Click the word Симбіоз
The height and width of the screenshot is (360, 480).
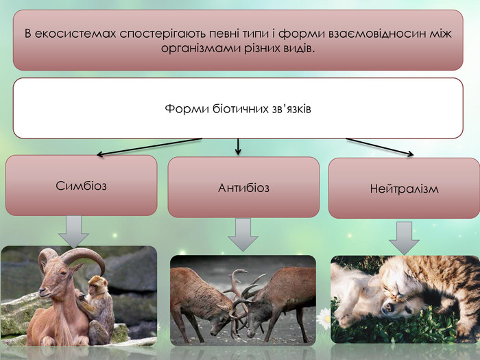coord(81,186)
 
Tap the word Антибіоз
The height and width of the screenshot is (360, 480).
coord(243,188)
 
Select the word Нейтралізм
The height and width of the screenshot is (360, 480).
coord(404,189)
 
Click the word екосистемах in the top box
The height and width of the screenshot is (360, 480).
coord(75,34)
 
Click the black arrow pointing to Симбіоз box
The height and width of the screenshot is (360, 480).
coord(149,147)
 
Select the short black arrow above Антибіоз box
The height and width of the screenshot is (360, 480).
coord(238,147)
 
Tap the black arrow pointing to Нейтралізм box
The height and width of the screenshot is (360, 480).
coord(380,147)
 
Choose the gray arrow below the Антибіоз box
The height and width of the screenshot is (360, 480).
coord(243,235)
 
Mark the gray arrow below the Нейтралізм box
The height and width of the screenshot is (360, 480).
coord(404,238)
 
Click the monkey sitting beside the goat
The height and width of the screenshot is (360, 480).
coord(97,309)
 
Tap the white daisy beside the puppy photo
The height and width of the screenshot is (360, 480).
coord(324,319)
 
